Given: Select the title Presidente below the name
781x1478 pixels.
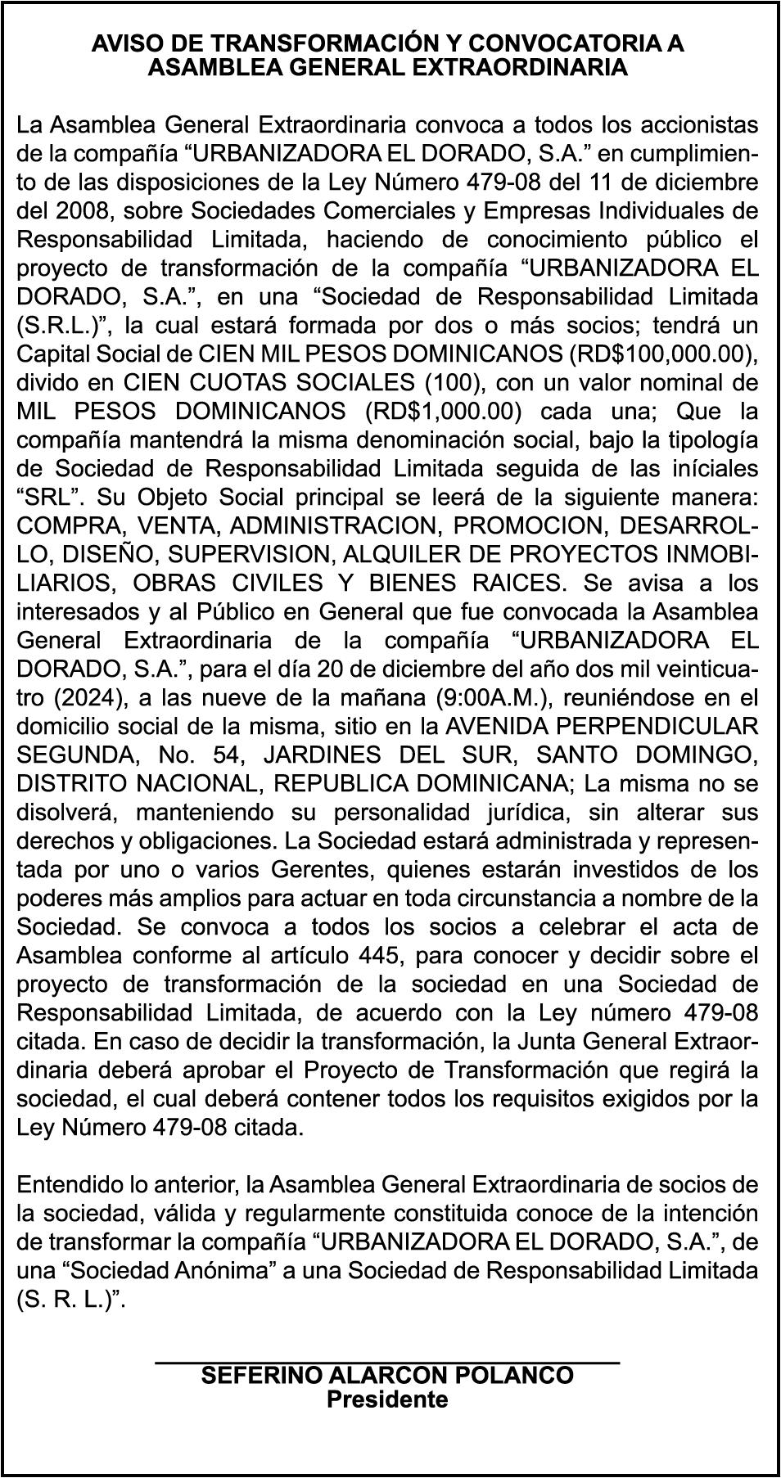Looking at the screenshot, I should [x=387, y=1400].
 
